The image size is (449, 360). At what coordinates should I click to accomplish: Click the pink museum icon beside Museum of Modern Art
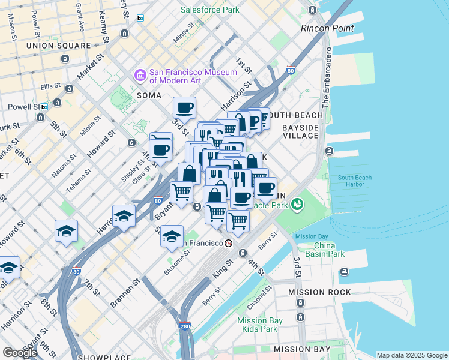tap(140, 76)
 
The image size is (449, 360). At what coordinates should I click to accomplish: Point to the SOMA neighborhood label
tap(149, 95)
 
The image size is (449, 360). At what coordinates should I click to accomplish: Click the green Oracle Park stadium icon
tap(297, 205)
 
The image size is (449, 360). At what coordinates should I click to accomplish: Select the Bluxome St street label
tap(177, 263)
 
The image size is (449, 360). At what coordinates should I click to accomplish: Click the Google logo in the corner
tap(20, 352)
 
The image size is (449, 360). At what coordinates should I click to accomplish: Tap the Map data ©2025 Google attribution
tap(412, 355)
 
